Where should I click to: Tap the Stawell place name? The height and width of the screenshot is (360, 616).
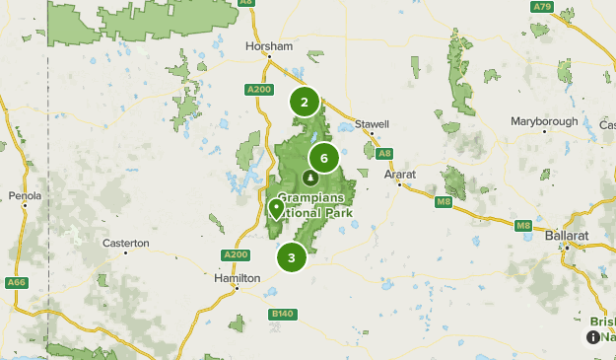pyautogui.click(x=373, y=124)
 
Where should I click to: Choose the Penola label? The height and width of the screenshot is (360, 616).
pyautogui.click(x=26, y=196)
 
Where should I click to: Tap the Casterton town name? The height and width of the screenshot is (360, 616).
pyautogui.click(x=126, y=243)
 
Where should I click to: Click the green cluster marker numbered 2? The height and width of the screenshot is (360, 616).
pyautogui.click(x=305, y=102)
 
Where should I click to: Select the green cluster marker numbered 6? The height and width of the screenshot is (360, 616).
pyautogui.click(x=323, y=158)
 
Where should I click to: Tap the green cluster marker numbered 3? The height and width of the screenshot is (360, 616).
pyautogui.click(x=292, y=257)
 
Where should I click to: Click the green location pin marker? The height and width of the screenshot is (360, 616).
pyautogui.click(x=276, y=209)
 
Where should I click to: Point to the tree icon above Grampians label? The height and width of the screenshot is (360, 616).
pyautogui.click(x=311, y=179)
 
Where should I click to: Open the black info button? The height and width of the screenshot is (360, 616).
pyautogui.click(x=592, y=337)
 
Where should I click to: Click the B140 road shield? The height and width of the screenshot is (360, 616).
pyautogui.click(x=282, y=314)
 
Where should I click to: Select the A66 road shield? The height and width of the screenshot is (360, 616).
pyautogui.click(x=14, y=283)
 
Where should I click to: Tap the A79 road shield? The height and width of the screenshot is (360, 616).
pyautogui.click(x=541, y=7)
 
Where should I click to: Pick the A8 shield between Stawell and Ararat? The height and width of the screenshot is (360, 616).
pyautogui.click(x=384, y=153)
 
